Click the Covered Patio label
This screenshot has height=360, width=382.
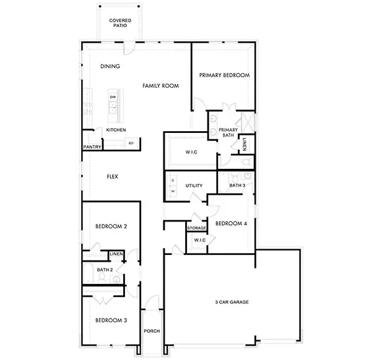click(119, 24)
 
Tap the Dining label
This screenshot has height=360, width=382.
click(110, 67)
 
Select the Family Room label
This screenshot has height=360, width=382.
click(160, 86)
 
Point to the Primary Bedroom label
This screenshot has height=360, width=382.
click(224, 75)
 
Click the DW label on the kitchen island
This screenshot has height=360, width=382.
click(113, 98)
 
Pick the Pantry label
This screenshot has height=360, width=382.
click(92, 147)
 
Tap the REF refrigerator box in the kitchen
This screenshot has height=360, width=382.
click(131, 144)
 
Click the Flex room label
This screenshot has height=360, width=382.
click(112, 177)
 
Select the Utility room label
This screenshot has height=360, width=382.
click(194, 186)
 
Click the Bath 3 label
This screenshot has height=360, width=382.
click(237, 185)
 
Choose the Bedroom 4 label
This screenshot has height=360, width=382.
click(231, 224)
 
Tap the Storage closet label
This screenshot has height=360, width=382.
click(196, 228)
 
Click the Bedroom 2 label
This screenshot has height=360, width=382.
click(111, 227)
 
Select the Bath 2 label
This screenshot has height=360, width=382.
click(105, 270)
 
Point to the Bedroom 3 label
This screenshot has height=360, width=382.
click(111, 320)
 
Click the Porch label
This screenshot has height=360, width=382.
click(152, 331)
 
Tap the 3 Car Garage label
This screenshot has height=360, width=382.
click(232, 302)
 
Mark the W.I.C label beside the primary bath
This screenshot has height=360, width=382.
click(191, 152)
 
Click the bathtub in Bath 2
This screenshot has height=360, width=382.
click(88, 273)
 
